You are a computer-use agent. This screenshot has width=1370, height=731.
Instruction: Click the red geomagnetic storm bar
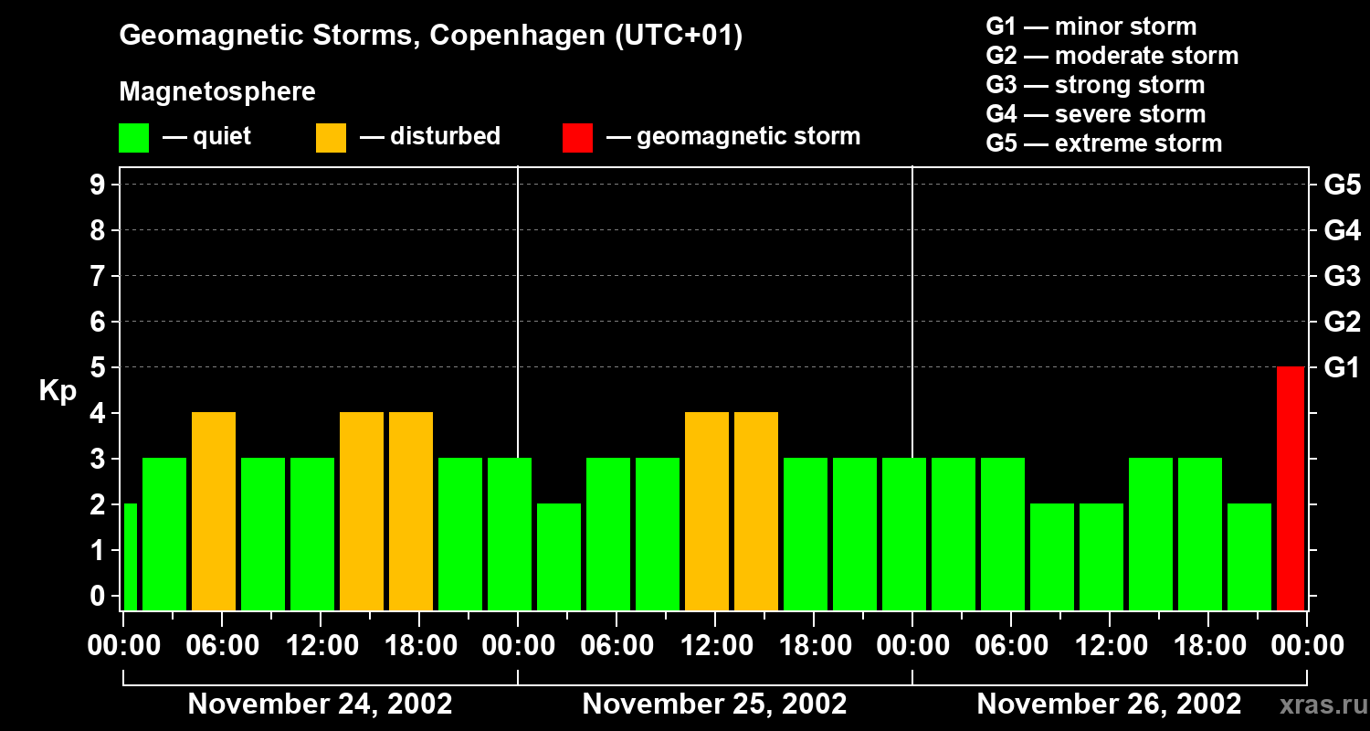(1290, 488)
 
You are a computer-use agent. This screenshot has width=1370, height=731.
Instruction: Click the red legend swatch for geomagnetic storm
(577, 137)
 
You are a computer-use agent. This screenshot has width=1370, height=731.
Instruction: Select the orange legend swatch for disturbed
(331, 137)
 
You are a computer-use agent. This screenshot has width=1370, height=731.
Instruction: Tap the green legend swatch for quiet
(133, 137)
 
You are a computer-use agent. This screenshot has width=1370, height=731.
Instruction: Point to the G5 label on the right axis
(1342, 185)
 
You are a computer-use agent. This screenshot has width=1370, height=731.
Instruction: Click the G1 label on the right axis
(1342, 368)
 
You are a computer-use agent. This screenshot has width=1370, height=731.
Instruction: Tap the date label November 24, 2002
(320, 705)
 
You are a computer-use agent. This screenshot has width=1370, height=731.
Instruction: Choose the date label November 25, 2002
(714, 705)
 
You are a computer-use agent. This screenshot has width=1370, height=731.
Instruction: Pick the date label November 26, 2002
(1109, 705)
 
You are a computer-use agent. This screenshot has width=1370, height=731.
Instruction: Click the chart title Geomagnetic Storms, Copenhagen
(430, 36)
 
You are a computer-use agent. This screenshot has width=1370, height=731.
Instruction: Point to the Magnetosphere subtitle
(217, 92)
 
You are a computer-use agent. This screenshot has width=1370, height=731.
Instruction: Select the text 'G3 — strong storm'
(1095, 85)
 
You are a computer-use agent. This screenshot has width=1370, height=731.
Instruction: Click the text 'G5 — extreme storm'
(1103, 143)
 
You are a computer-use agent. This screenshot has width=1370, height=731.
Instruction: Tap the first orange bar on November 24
(214, 511)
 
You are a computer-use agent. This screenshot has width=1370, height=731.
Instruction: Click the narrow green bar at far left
(130, 556)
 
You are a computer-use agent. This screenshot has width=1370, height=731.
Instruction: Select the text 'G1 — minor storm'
(1091, 26)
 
